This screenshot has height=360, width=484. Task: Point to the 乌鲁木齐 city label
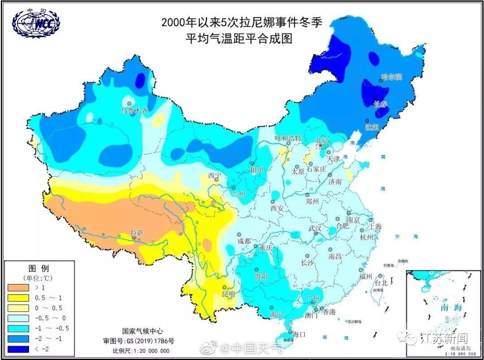click(x=134, y=110)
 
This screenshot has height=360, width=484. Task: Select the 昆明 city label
click(x=228, y=294)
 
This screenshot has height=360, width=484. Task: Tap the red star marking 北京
click(x=320, y=146)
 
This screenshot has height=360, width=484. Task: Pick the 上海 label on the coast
click(x=375, y=227)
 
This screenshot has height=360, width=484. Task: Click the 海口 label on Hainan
click(x=299, y=334)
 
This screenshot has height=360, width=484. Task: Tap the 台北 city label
click(x=380, y=283)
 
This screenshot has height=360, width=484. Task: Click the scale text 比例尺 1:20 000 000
click(x=141, y=351)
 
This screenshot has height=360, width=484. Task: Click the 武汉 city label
click(x=315, y=228)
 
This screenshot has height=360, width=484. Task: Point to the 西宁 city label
click(x=215, y=175)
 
